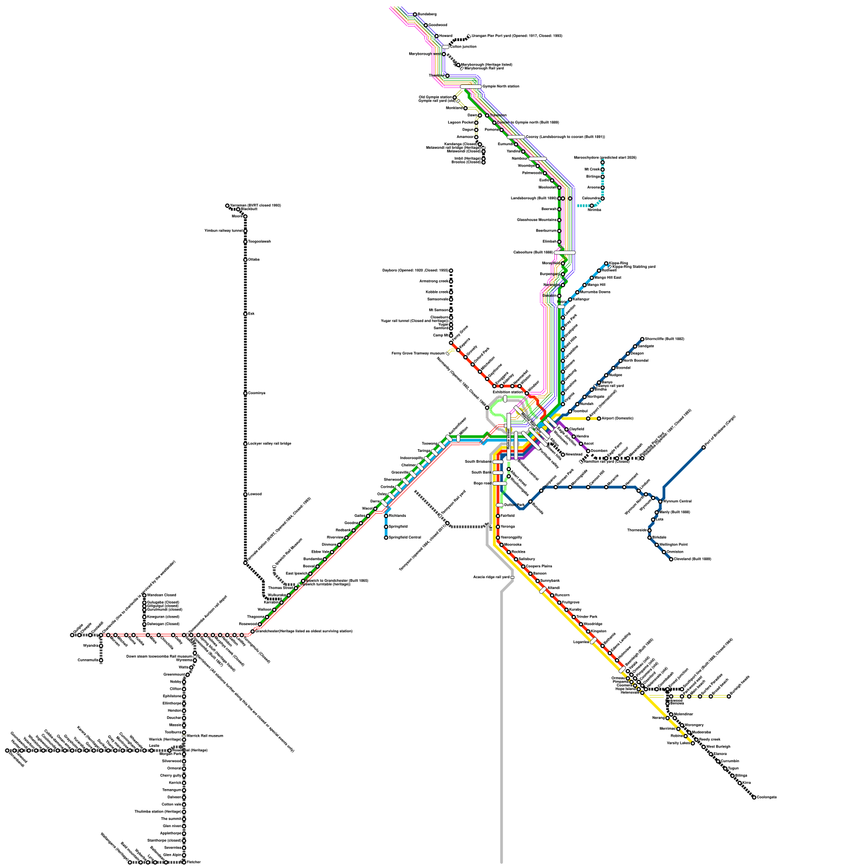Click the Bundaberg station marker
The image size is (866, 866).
[415, 15]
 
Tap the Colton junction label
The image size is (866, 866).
[463, 47]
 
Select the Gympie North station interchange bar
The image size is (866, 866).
[470, 87]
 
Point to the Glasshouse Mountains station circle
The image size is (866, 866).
[560, 220]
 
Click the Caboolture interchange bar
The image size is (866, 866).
[565, 253]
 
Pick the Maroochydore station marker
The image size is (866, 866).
[602, 162]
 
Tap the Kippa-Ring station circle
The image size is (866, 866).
[606, 264]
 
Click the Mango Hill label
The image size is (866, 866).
[596, 285]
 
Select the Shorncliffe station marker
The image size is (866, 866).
[642, 339]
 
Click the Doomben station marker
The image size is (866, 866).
[588, 451]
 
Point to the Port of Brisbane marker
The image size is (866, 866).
[704, 448]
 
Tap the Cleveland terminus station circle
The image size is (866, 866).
[671, 559]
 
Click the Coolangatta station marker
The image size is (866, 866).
[754, 797]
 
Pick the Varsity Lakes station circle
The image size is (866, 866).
[693, 743]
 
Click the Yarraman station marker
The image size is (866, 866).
[227, 206]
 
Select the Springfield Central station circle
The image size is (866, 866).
[386, 537]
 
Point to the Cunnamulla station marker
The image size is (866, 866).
[101, 660]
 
